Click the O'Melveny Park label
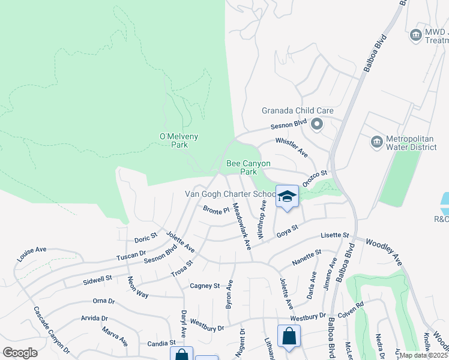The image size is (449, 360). (x=178, y=140)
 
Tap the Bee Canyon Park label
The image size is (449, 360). (x=248, y=167)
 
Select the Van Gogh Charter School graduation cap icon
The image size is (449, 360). (x=288, y=196)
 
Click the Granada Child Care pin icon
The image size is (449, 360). (x=318, y=125)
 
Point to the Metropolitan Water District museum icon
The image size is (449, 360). (x=376, y=142)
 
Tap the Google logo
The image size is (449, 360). (x=20, y=352)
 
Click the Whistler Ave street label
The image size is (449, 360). (x=292, y=148)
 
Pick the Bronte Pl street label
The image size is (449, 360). (x=216, y=210)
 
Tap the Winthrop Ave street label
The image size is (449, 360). (x=262, y=221)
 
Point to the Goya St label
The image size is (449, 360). (x=287, y=230)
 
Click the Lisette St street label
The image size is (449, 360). (x=335, y=235)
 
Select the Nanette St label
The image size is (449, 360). (x=307, y=262)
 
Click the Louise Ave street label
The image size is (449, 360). (x=32, y=254)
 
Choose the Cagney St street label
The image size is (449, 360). (x=205, y=286)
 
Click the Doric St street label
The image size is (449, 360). (x=145, y=238)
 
